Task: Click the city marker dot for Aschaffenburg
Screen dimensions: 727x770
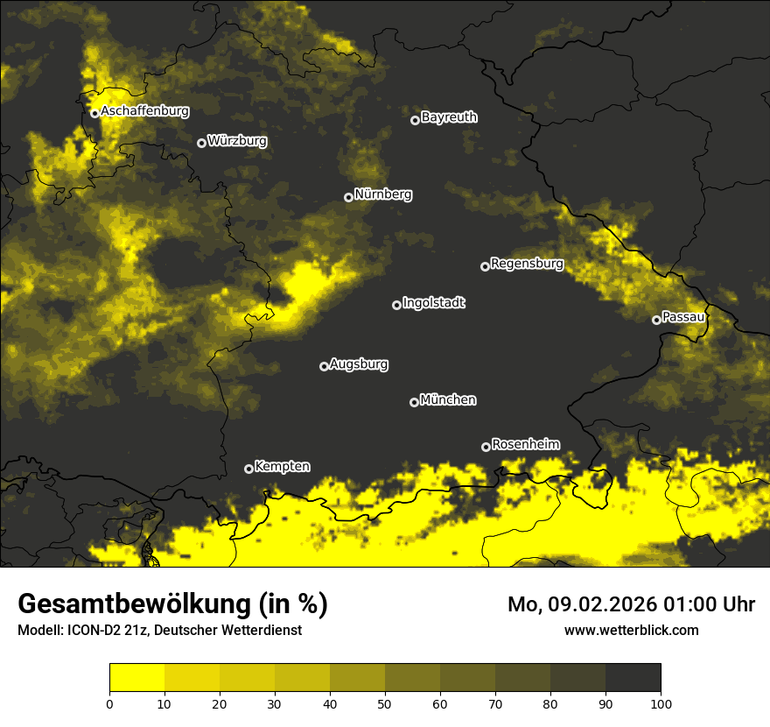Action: tap(94, 113)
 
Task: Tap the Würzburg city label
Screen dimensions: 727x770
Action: tap(237, 141)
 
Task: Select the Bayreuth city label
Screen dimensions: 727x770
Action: tap(449, 117)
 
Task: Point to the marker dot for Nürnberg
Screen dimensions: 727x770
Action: tap(348, 197)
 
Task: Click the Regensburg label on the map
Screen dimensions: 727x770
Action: tap(527, 264)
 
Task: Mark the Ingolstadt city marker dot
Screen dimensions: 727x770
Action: tap(396, 305)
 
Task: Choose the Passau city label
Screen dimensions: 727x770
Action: tap(682, 317)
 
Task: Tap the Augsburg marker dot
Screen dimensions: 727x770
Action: tap(324, 366)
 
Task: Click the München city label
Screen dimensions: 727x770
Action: tap(448, 400)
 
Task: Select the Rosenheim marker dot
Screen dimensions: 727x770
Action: tap(486, 447)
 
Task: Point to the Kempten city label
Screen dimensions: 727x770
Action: tap(282, 467)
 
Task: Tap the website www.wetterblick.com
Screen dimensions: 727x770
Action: tap(631, 630)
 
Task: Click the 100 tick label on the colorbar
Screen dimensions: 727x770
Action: tap(661, 702)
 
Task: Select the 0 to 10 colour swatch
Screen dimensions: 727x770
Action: tap(136, 678)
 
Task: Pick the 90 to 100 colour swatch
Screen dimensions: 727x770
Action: tap(633, 678)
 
